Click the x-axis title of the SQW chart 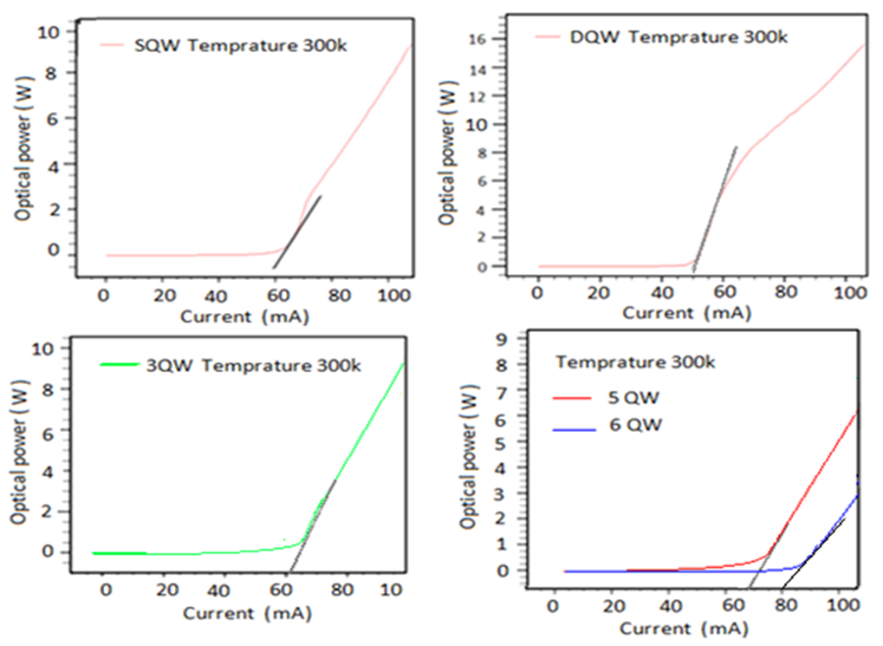(245, 316)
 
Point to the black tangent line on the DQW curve (715, 209)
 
